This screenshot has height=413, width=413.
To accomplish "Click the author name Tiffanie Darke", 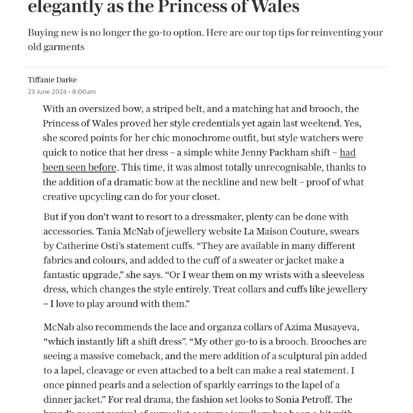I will pos(52,80).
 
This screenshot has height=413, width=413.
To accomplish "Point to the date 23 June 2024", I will pos(47,92).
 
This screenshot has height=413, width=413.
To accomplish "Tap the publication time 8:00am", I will pos(84,92).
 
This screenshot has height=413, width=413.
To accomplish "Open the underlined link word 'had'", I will pos(347,153).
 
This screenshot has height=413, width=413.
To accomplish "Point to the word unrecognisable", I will pos(277,167).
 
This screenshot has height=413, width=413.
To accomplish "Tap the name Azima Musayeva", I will pos(321,327).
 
